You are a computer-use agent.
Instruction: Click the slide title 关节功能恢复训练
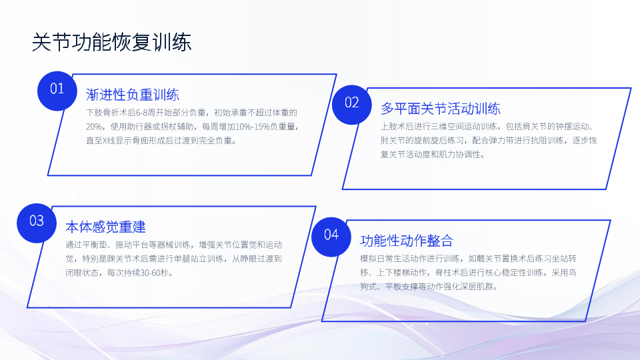(x=111, y=43)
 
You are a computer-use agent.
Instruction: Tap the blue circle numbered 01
(x=57, y=91)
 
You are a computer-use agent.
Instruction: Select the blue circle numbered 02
(x=352, y=105)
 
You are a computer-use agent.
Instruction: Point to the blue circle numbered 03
(x=37, y=223)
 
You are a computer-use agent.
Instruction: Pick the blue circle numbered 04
(x=331, y=237)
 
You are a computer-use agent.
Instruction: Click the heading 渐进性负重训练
(x=133, y=95)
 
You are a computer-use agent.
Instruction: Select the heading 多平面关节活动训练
(x=441, y=109)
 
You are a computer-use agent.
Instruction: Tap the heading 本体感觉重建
(x=105, y=227)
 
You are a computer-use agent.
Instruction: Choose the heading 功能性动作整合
(x=407, y=241)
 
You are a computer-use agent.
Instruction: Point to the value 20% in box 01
(x=94, y=127)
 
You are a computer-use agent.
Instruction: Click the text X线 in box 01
(x=109, y=141)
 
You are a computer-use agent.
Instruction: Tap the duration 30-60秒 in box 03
(x=154, y=273)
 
